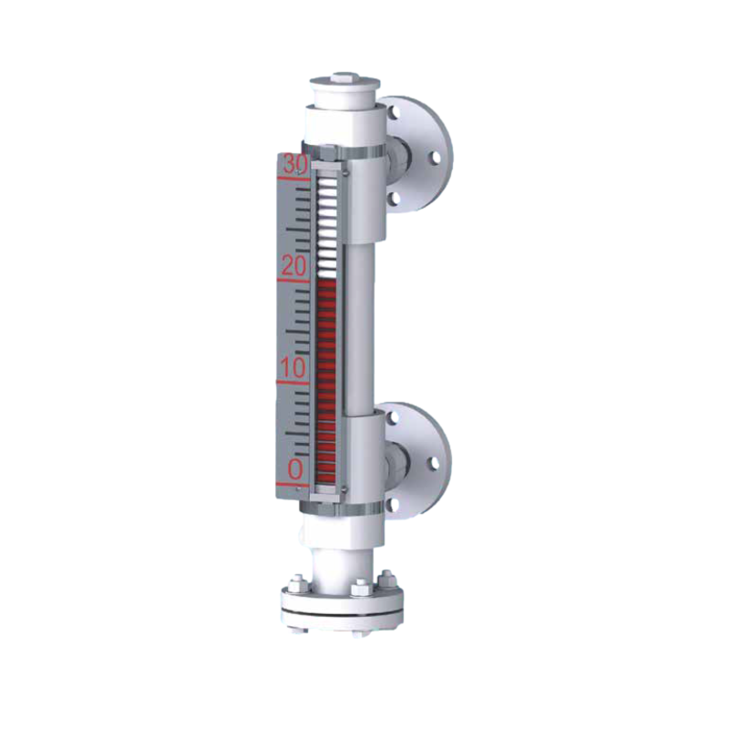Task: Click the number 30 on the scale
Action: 295,164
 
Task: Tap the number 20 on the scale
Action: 294,266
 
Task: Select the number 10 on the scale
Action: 293,368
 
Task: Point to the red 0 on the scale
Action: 295,469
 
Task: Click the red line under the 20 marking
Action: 293,281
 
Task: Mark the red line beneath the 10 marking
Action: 293,383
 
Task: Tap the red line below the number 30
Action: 293,178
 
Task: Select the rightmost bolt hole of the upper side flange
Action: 436,158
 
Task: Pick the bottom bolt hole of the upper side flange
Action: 395,200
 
